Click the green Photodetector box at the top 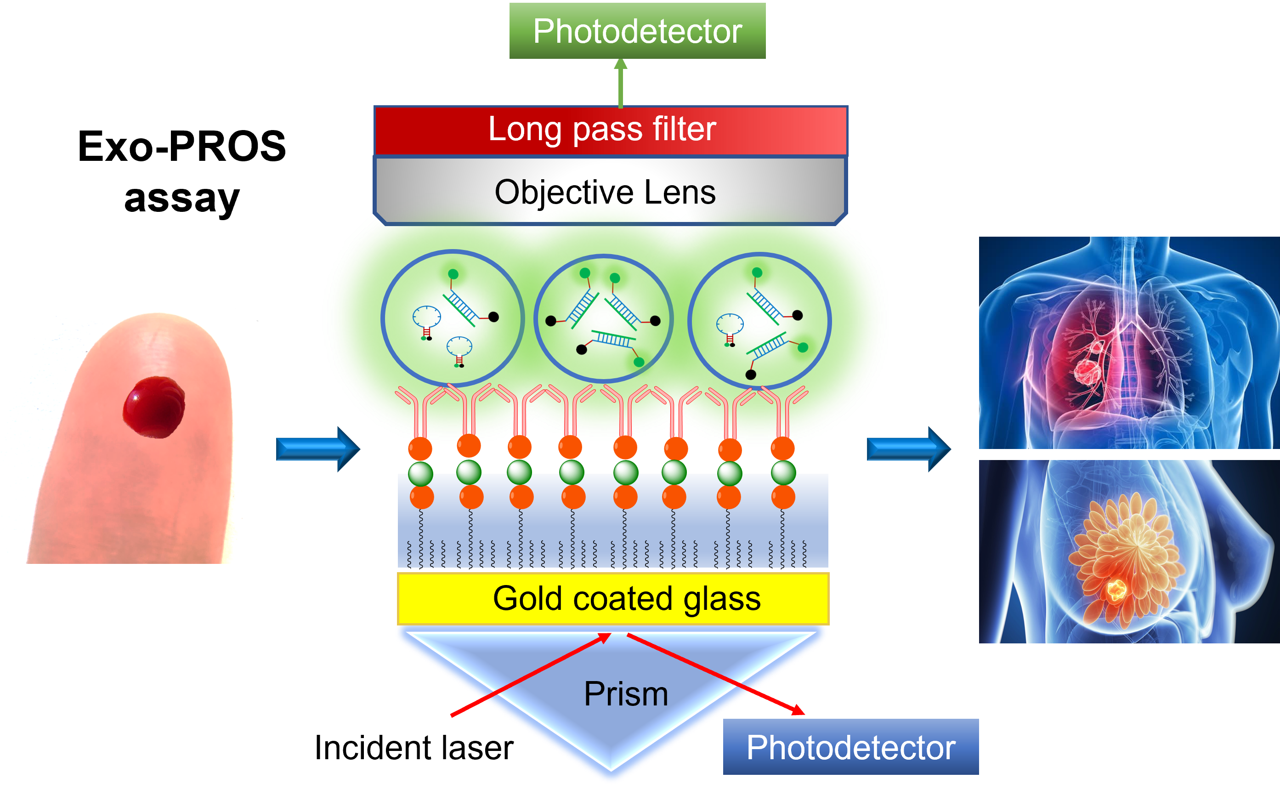click(637, 31)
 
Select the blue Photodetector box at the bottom click(850, 747)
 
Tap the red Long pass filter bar click(610, 130)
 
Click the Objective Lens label click(605, 192)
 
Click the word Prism click(626, 694)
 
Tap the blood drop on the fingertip click(153, 407)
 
